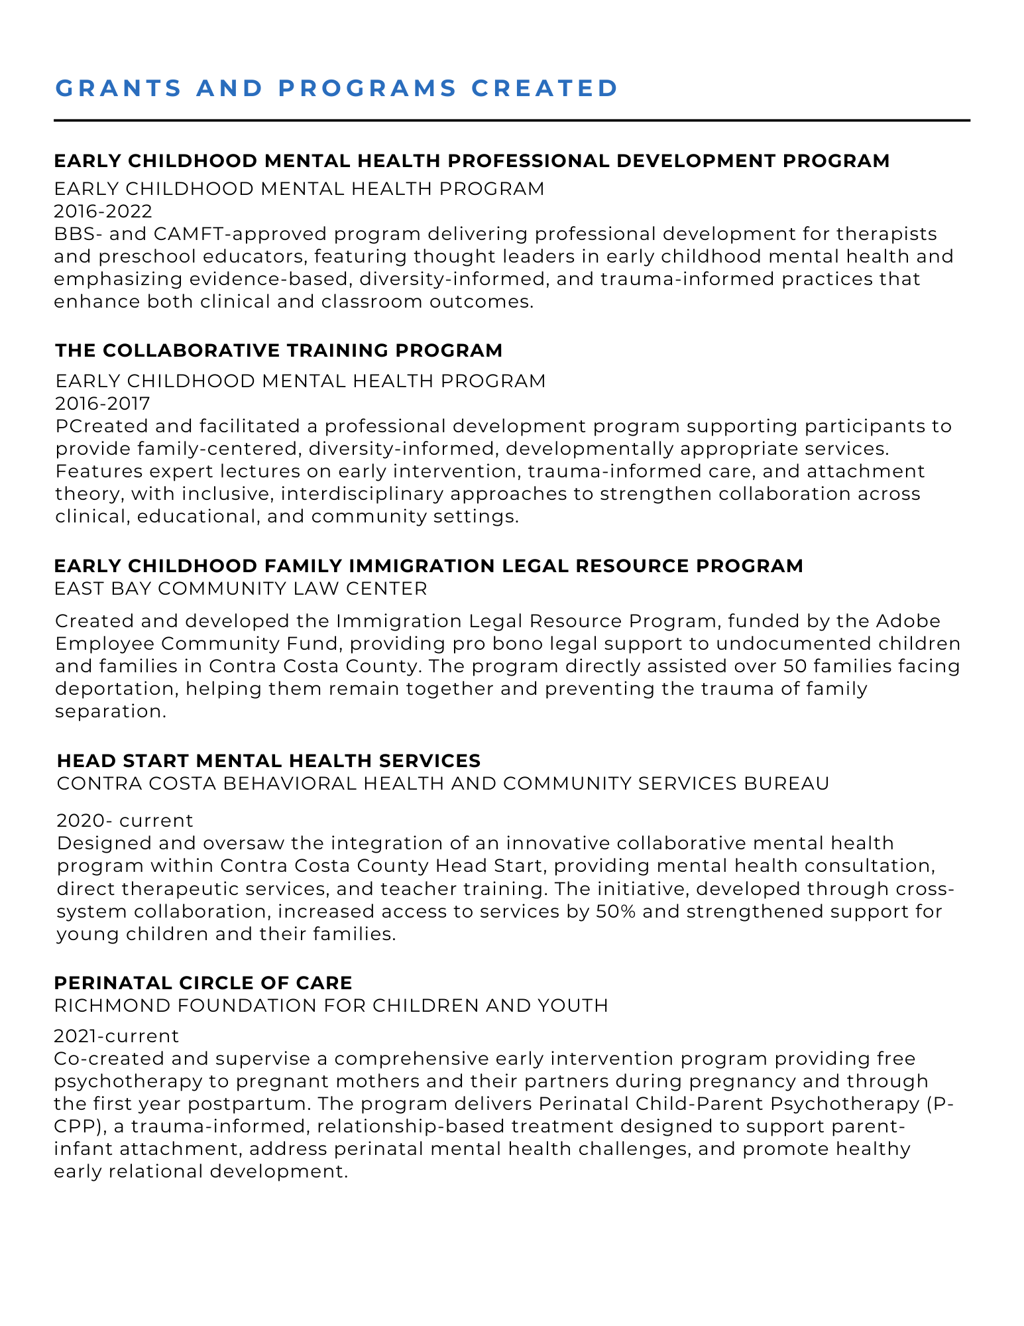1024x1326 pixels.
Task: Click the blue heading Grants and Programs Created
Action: [x=337, y=88]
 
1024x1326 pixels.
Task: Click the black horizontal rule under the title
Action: [x=512, y=121]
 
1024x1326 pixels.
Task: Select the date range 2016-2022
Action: [x=103, y=211]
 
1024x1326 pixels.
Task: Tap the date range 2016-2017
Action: [x=103, y=403]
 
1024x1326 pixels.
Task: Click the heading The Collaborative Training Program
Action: [x=278, y=351]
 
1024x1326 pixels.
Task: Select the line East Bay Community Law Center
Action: [x=241, y=588]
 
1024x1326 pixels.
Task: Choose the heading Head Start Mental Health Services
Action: [x=268, y=760]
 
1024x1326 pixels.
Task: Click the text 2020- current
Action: [x=125, y=821]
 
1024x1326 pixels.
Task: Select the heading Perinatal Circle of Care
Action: [x=203, y=983]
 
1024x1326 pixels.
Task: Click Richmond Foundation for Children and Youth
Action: [x=331, y=1006]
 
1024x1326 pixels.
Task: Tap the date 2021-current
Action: [x=117, y=1036]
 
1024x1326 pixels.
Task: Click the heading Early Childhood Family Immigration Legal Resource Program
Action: [x=428, y=566]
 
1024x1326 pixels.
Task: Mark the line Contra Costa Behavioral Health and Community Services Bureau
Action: [x=443, y=784]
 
